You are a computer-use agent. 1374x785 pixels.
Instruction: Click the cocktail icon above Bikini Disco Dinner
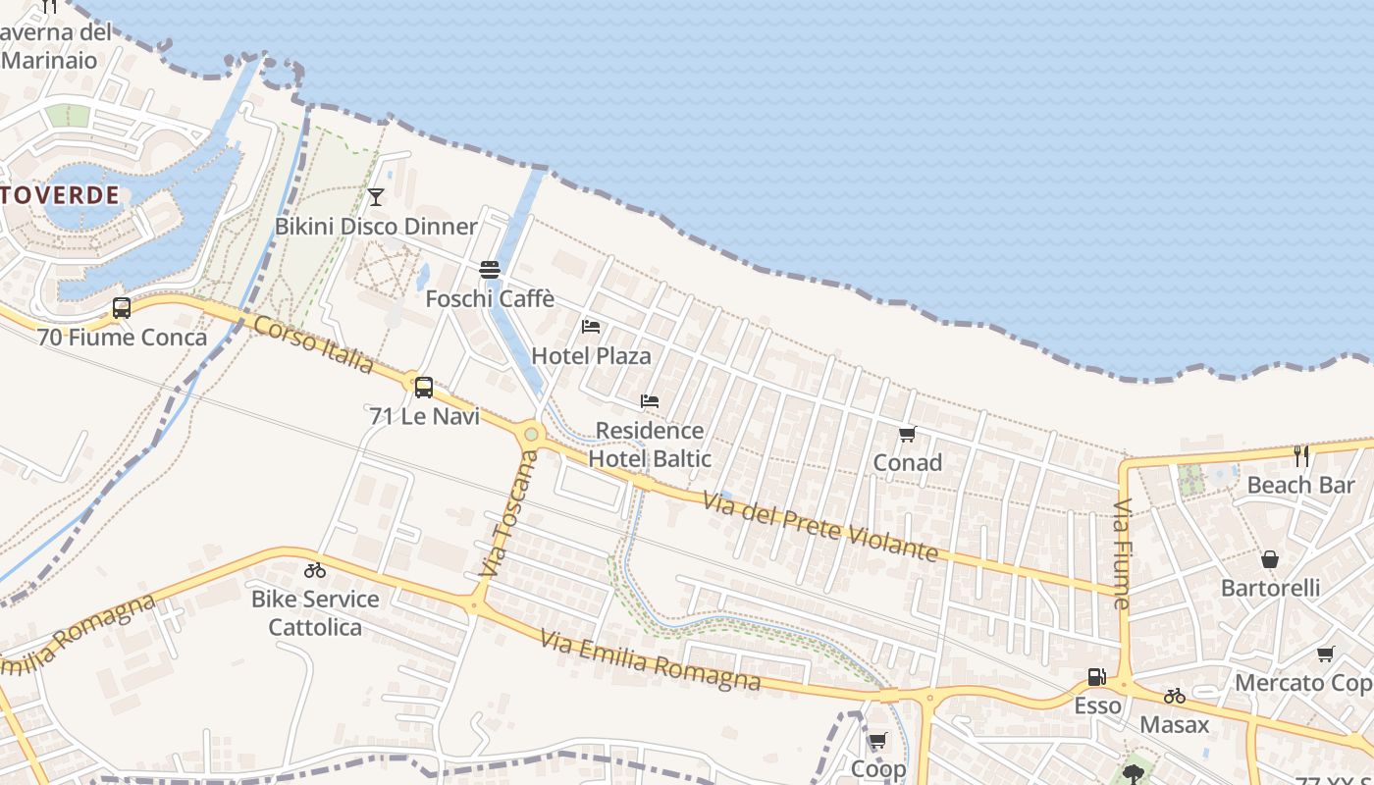pos(375,197)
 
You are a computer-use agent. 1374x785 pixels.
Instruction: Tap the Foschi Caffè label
pos(490,298)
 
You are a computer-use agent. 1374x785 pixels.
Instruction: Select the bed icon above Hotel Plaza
pos(591,327)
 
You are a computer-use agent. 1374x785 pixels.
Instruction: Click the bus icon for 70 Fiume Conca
pos(122,308)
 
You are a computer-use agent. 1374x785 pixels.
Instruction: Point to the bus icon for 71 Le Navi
pos(424,388)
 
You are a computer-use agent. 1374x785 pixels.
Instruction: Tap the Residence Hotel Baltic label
pos(649,444)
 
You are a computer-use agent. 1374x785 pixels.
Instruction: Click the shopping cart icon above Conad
pos(907,434)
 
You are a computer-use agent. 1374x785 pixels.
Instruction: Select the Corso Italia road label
pos(313,343)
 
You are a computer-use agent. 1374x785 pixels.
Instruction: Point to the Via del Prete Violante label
pos(820,526)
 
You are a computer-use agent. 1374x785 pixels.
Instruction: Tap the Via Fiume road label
pos(1122,553)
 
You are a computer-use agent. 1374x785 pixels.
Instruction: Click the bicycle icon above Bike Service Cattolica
pos(315,570)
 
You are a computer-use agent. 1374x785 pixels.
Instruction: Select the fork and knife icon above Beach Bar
pos(1301,456)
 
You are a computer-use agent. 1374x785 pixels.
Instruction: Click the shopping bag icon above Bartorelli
pos(1270,559)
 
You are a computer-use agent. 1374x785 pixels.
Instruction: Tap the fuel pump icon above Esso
pos(1096,677)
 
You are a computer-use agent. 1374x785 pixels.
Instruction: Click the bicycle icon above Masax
pos(1175,696)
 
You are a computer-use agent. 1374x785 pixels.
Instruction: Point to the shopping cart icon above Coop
pos(877,741)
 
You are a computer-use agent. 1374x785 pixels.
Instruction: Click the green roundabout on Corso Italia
pos(531,433)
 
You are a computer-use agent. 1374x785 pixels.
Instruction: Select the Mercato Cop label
pos(1303,683)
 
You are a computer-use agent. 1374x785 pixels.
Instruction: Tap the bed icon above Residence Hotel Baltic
pos(649,401)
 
